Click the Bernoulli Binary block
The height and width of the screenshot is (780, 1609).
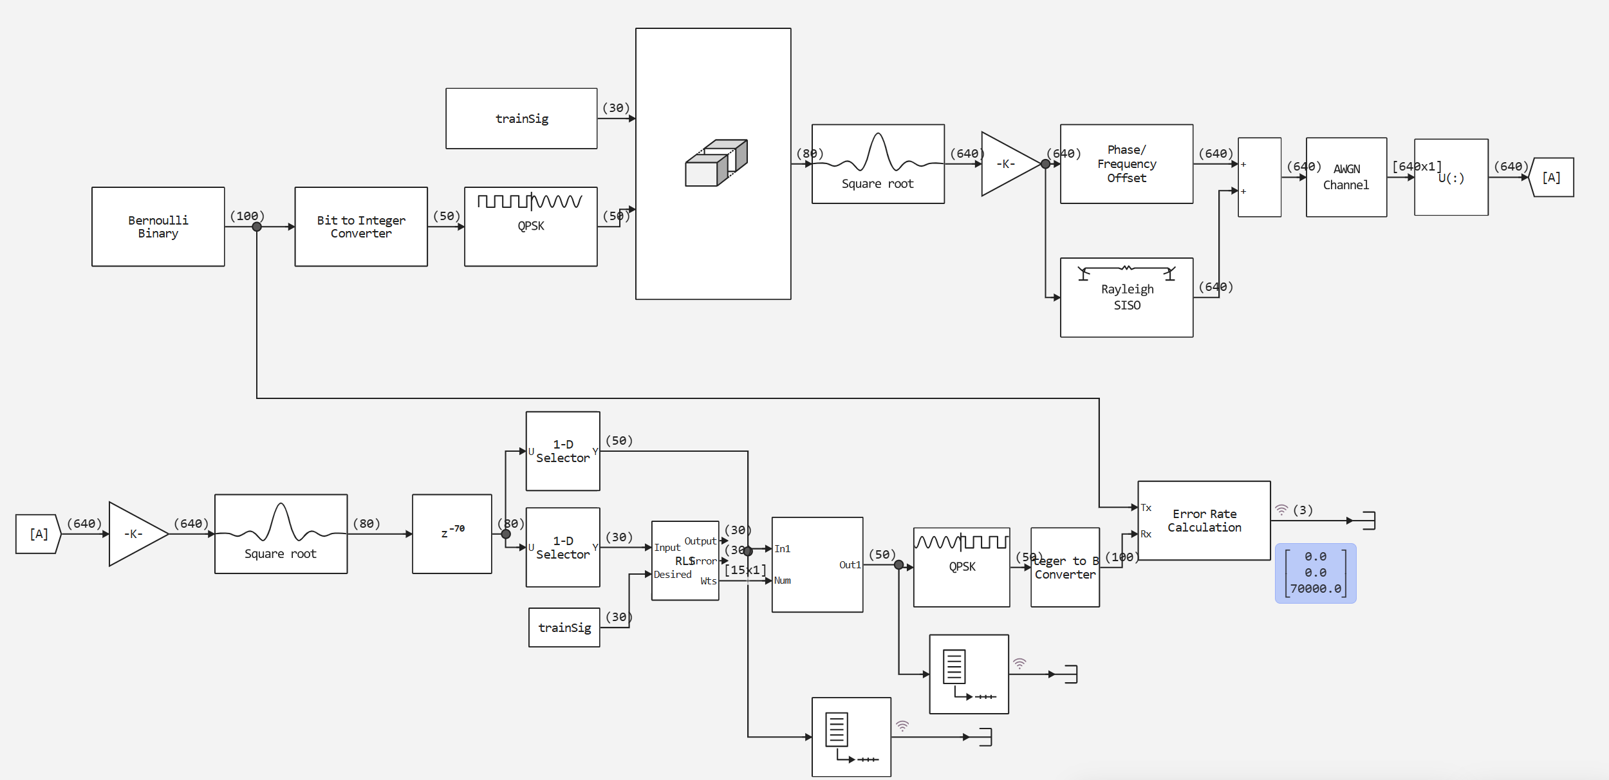pos(158,227)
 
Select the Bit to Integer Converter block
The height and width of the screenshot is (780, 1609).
pos(360,227)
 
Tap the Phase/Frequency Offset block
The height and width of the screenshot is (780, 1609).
pos(1126,164)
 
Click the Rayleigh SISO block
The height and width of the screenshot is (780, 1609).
pos(1126,297)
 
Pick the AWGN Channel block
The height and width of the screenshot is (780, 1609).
pos(1346,177)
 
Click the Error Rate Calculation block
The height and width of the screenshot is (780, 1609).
pos(1204,521)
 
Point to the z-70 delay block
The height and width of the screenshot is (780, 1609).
pos(452,534)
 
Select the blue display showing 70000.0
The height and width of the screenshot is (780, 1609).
pos(1315,573)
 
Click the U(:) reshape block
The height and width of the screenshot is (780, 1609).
pos(1451,177)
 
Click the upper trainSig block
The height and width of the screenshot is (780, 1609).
pos(521,118)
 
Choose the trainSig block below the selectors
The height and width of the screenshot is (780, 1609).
pos(564,627)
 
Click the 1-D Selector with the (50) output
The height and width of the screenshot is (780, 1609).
pos(563,451)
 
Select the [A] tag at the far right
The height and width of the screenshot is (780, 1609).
pos(1551,178)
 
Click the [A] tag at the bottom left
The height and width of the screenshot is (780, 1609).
pos(39,534)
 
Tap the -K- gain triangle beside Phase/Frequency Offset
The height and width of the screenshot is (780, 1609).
pos(1007,164)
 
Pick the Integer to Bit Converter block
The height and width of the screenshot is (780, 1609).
pos(1065,568)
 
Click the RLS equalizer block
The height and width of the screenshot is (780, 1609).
pos(685,561)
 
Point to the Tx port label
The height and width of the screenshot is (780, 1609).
pos(1146,508)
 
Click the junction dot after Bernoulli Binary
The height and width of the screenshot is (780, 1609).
pos(257,227)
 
